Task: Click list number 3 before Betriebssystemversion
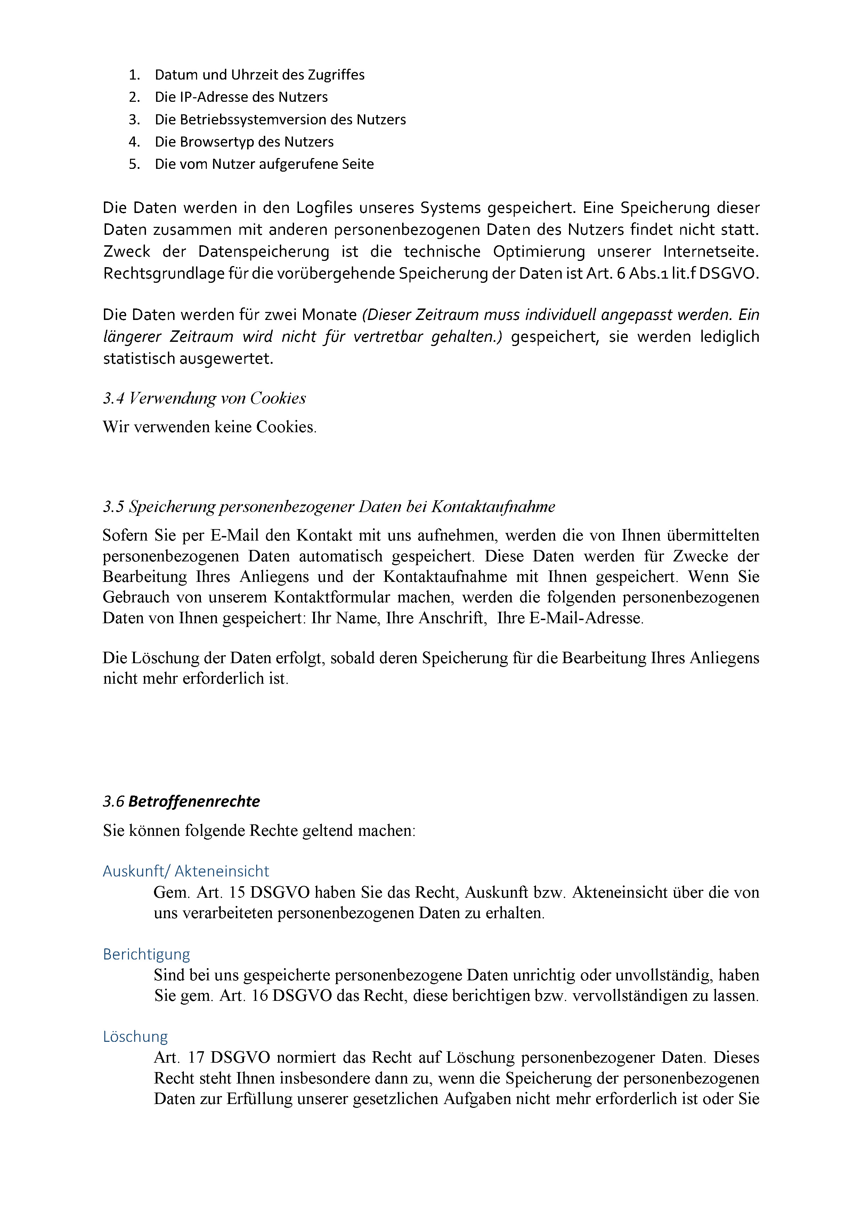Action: point(134,120)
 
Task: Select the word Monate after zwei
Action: point(329,315)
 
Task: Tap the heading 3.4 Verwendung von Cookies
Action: point(204,398)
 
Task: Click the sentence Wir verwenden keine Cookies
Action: point(210,427)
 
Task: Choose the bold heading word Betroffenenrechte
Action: point(194,801)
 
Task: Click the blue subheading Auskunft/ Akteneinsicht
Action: point(186,871)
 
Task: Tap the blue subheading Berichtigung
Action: point(147,954)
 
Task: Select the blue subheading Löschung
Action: point(136,1036)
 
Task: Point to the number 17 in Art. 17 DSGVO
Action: point(196,1057)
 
